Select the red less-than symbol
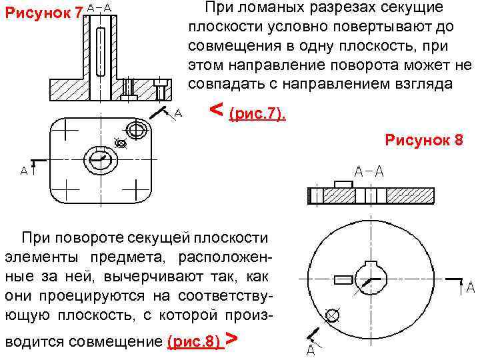click(x=216, y=108)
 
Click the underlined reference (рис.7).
click(x=257, y=115)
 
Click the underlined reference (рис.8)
click(x=194, y=342)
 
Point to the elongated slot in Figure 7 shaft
click(x=100, y=50)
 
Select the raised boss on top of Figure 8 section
click(x=343, y=183)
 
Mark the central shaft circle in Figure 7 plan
click(x=100, y=161)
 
